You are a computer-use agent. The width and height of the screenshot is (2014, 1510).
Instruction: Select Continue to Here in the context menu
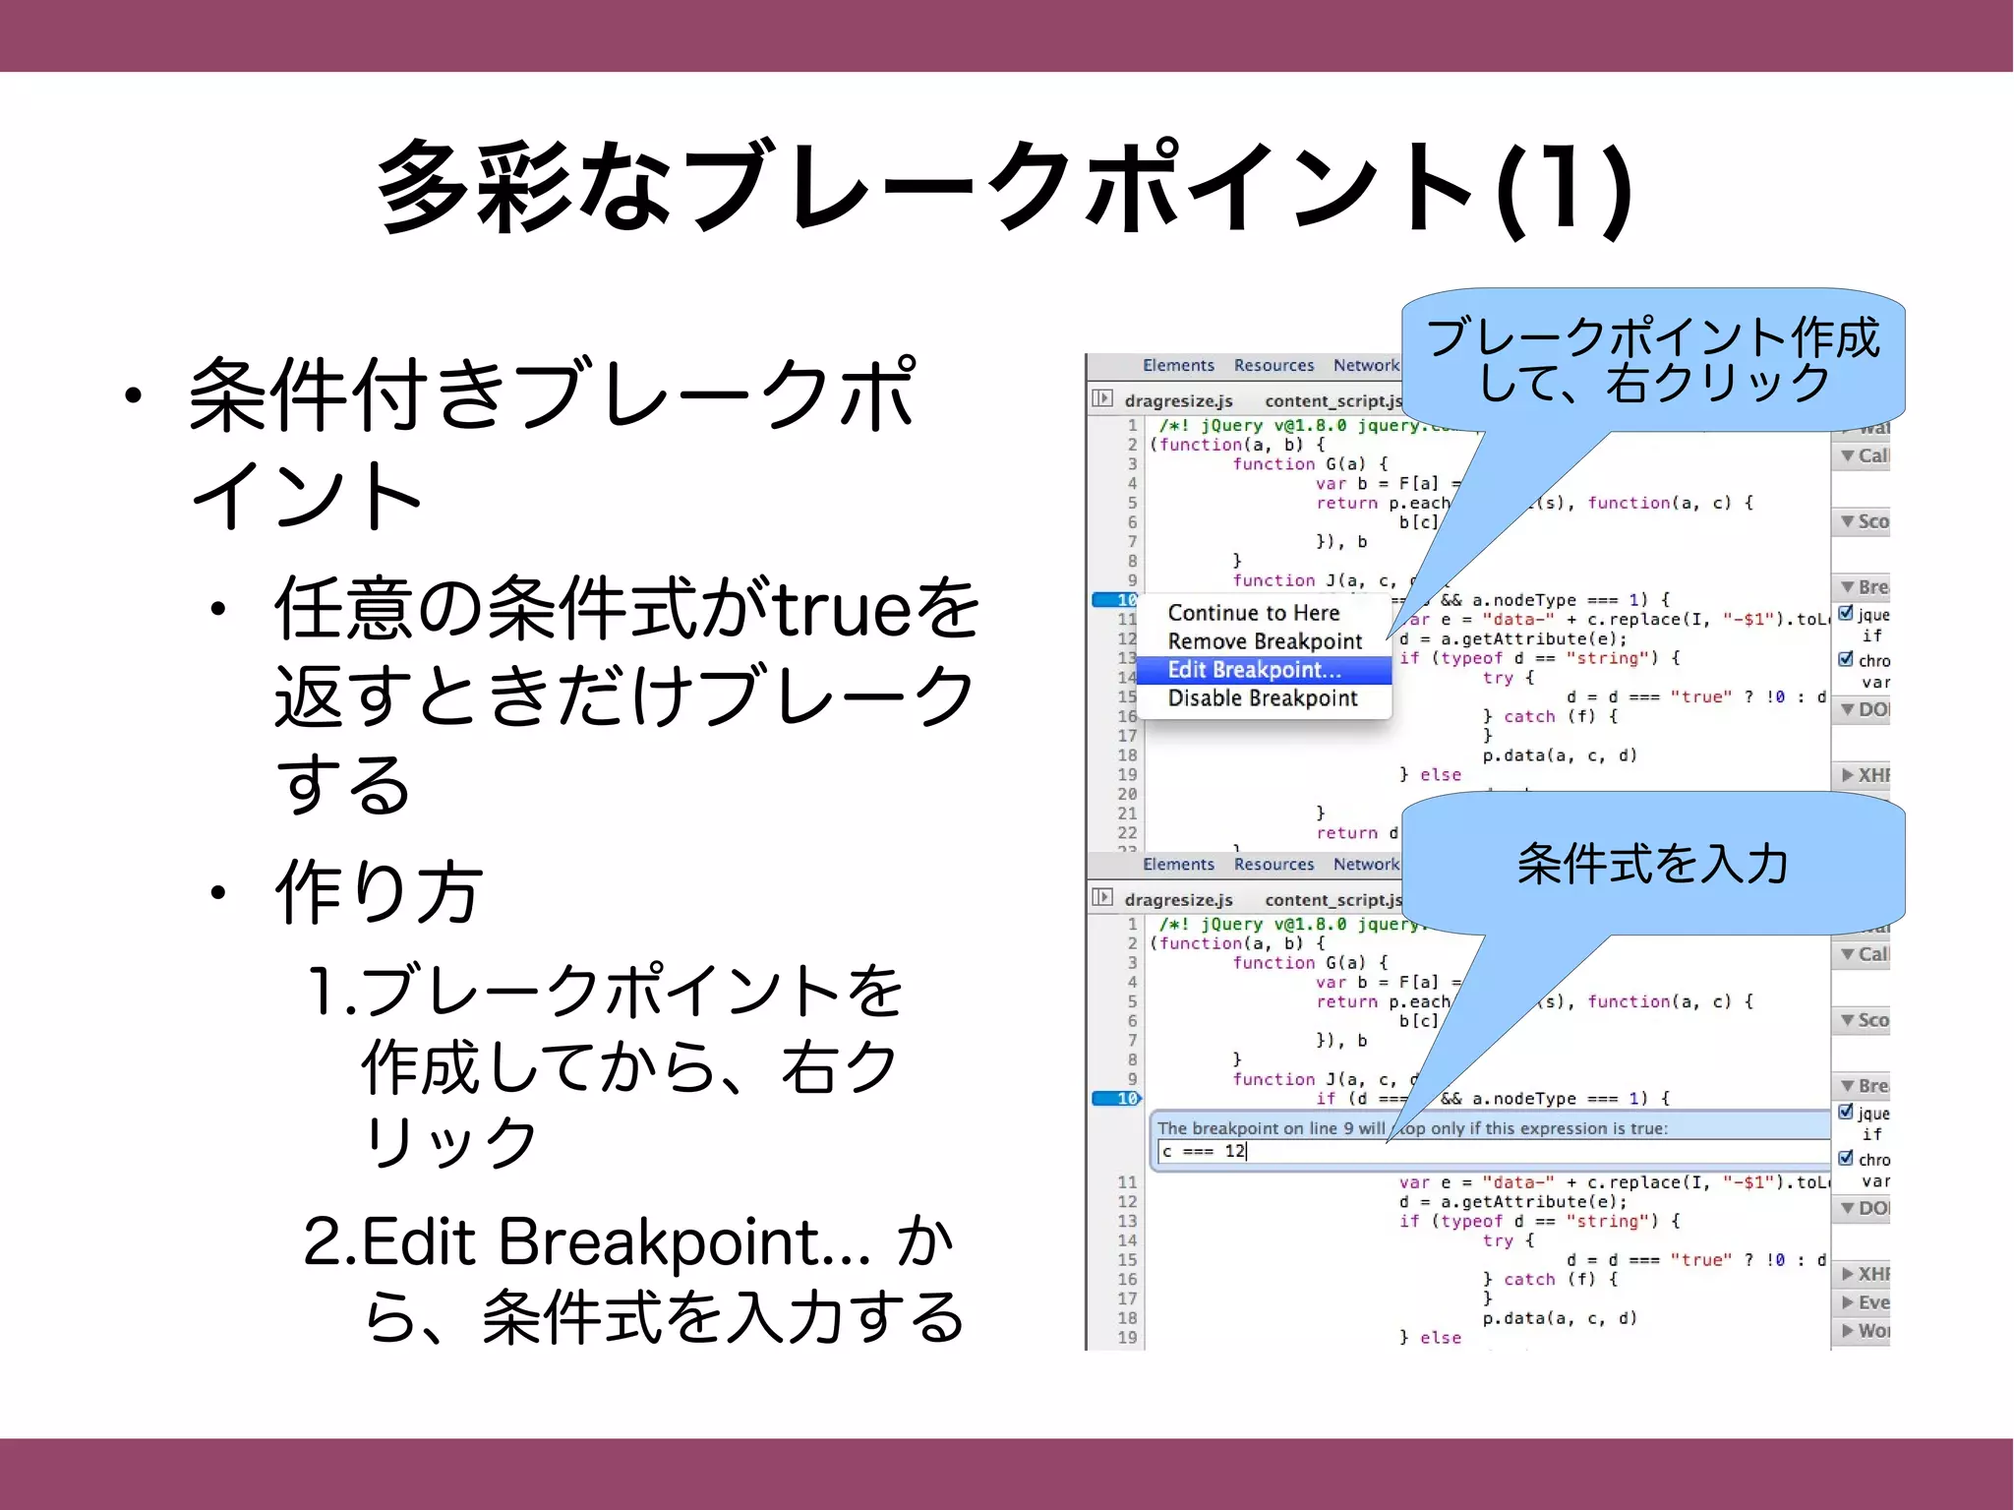(x=1253, y=613)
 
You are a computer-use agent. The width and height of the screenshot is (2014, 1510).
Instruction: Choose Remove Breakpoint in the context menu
(x=1264, y=641)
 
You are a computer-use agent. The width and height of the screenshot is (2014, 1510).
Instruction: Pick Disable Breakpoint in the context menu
(x=1262, y=698)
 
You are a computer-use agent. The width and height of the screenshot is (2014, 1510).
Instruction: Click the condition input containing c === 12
(x=1475, y=1151)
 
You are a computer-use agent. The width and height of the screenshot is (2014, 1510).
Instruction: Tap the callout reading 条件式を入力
(x=1652, y=864)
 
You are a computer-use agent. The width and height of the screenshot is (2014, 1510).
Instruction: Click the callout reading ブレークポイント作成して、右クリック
(x=1652, y=360)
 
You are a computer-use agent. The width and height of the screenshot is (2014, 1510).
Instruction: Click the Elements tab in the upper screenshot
(x=1178, y=366)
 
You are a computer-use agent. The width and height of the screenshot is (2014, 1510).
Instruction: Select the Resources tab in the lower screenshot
(x=1274, y=865)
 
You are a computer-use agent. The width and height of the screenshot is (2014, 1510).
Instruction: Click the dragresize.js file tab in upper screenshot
(x=1177, y=401)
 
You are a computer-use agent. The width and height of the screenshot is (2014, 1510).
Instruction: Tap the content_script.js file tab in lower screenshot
(x=1333, y=900)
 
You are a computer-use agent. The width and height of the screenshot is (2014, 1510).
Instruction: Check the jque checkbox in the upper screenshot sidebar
(x=1846, y=613)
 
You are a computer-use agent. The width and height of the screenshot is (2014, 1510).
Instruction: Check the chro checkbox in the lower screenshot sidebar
(x=1846, y=1158)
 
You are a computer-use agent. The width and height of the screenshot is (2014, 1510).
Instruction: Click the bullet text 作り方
(x=378, y=891)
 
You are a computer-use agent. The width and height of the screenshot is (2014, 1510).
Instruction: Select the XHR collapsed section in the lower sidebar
(x=1866, y=1274)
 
